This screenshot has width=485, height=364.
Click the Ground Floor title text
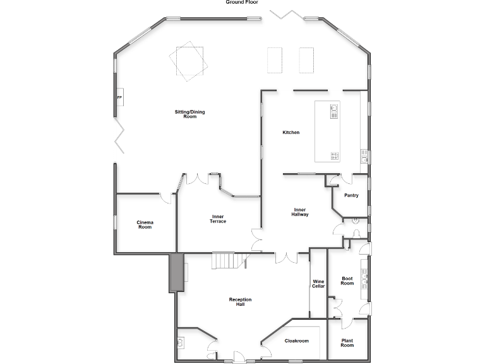tap(242, 3)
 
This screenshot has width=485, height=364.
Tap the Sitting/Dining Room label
tap(189, 114)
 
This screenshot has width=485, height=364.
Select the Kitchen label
tap(290, 132)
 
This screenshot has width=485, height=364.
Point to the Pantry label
tap(351, 195)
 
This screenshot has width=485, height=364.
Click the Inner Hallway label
tap(300, 212)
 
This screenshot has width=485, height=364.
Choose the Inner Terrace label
tap(218, 219)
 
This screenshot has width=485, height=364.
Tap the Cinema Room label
tap(145, 224)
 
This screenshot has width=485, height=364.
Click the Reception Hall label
tap(240, 301)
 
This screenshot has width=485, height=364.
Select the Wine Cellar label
tap(318, 284)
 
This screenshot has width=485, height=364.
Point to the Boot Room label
tap(347, 281)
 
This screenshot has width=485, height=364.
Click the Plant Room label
tap(347, 343)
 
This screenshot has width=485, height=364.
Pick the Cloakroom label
tap(296, 341)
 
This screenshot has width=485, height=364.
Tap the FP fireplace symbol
tap(119, 98)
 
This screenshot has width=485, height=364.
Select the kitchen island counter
tap(327, 131)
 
